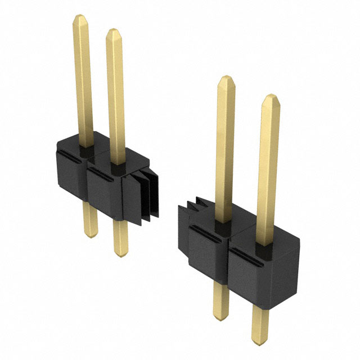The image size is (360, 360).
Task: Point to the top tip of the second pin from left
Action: coord(114,29)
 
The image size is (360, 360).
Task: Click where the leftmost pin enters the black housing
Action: coord(85,147)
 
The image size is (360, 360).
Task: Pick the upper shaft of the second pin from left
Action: coord(115,96)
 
